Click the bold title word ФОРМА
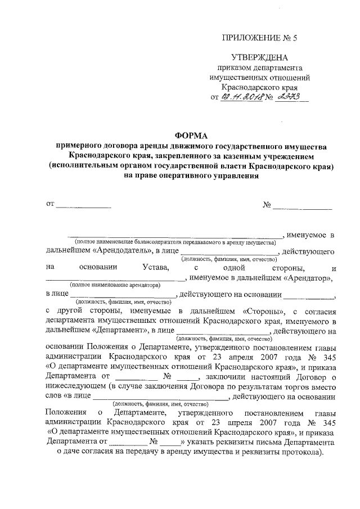[191, 135]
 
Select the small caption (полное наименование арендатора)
[115, 286]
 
